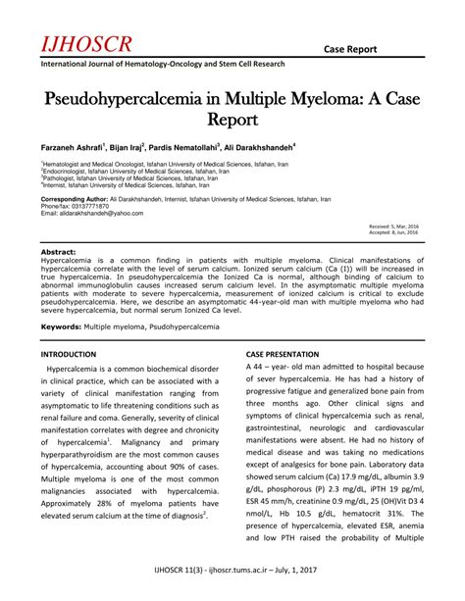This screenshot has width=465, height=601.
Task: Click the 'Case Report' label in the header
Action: point(385,49)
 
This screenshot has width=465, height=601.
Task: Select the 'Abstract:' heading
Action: point(58,252)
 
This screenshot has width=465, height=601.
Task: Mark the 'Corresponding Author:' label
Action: point(75,198)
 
